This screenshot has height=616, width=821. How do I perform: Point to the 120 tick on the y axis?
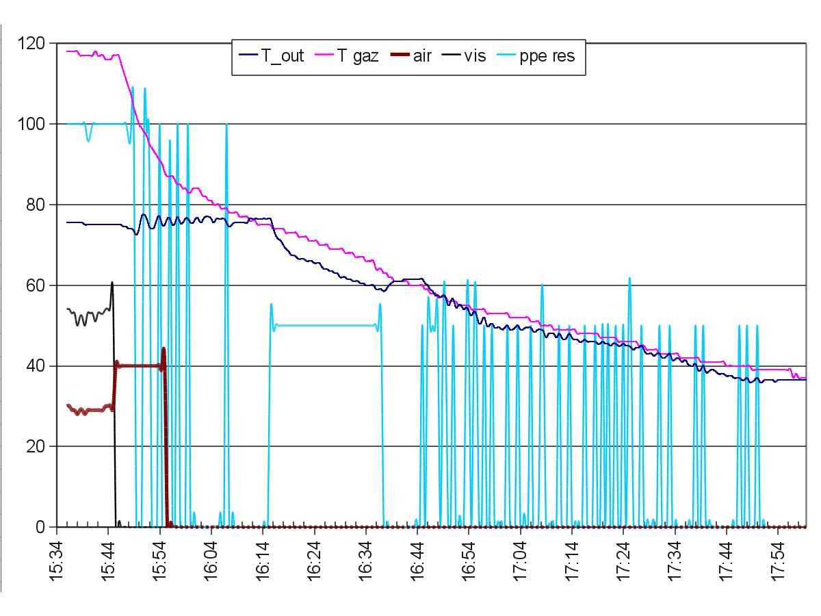32,44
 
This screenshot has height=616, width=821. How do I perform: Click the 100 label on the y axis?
32,125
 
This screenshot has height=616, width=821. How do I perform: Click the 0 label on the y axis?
40,528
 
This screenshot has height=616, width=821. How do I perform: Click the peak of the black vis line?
112,283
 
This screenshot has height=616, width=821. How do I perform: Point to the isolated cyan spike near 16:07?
226,125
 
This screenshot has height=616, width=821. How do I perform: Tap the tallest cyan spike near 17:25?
629,279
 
